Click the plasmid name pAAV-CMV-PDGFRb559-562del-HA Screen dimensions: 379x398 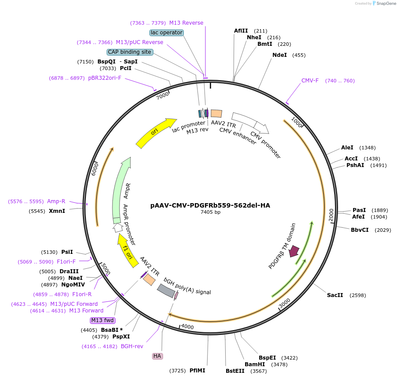[x=210, y=205]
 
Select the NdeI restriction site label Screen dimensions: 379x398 [x=279, y=55]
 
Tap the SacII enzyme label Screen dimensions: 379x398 [x=335, y=295]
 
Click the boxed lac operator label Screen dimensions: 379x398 [x=167, y=33]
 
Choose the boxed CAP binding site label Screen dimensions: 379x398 [x=130, y=52]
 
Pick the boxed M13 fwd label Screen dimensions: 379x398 [x=102, y=320]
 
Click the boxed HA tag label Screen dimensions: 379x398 [x=157, y=356]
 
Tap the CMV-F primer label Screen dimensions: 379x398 [x=310, y=81]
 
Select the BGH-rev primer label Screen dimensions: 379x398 [x=132, y=346]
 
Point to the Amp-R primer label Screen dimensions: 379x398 [x=56, y=201]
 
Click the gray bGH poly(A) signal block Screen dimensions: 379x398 [x=167, y=290]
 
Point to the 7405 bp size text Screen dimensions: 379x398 [x=210, y=212]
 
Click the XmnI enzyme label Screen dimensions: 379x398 [x=57, y=211]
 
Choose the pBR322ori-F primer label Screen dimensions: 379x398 [x=104, y=78]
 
